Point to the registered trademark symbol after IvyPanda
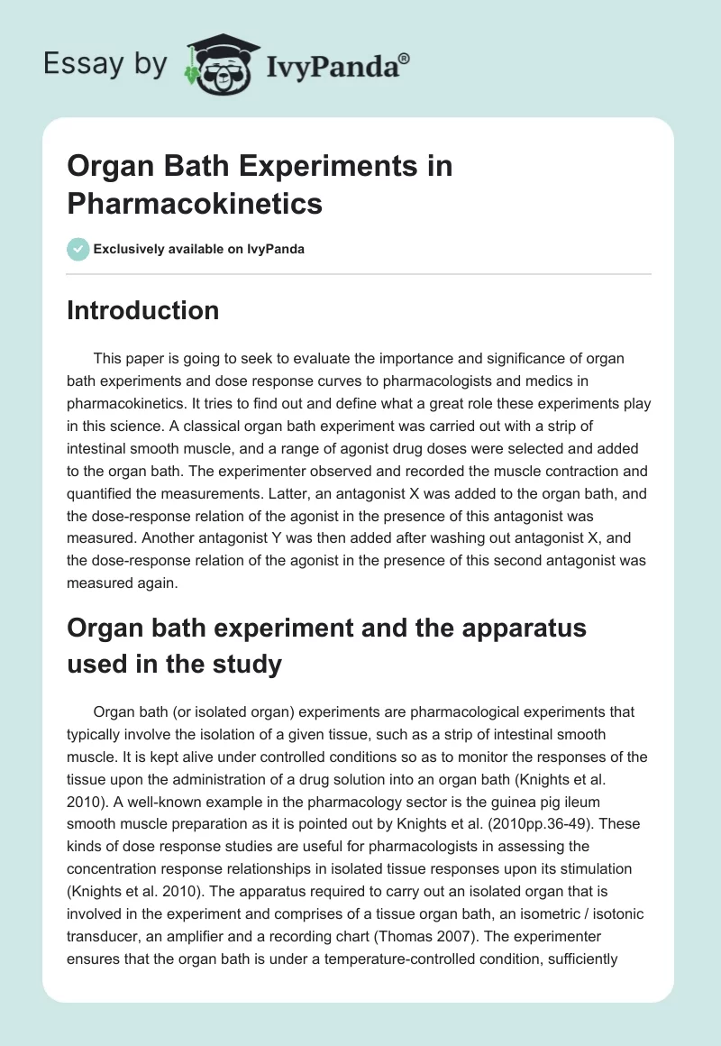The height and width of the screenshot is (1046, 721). pos(405,59)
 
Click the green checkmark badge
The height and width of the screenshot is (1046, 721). pos(79,250)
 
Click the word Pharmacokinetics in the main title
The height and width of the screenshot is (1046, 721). pos(195,204)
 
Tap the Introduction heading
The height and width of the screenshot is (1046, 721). pos(143,311)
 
